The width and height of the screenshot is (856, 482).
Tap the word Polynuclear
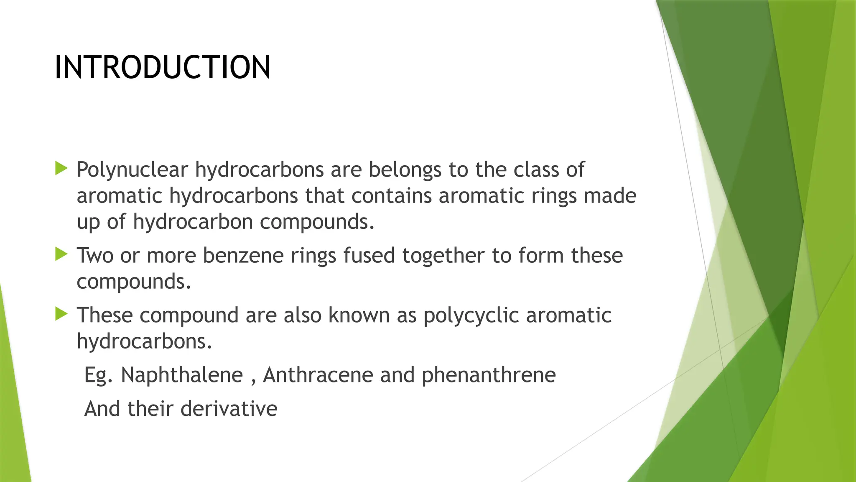click(x=132, y=170)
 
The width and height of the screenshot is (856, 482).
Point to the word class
click(x=533, y=170)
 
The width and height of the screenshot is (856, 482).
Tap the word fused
click(x=369, y=256)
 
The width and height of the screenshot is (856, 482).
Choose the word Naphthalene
click(x=182, y=375)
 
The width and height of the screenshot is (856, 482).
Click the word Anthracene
click(x=318, y=375)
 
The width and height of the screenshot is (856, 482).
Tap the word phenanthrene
click(x=489, y=375)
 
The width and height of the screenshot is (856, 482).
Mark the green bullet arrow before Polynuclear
click(x=61, y=169)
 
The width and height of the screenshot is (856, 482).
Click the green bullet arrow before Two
click(x=61, y=254)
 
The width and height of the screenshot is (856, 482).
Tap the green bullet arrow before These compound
click(x=61, y=314)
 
